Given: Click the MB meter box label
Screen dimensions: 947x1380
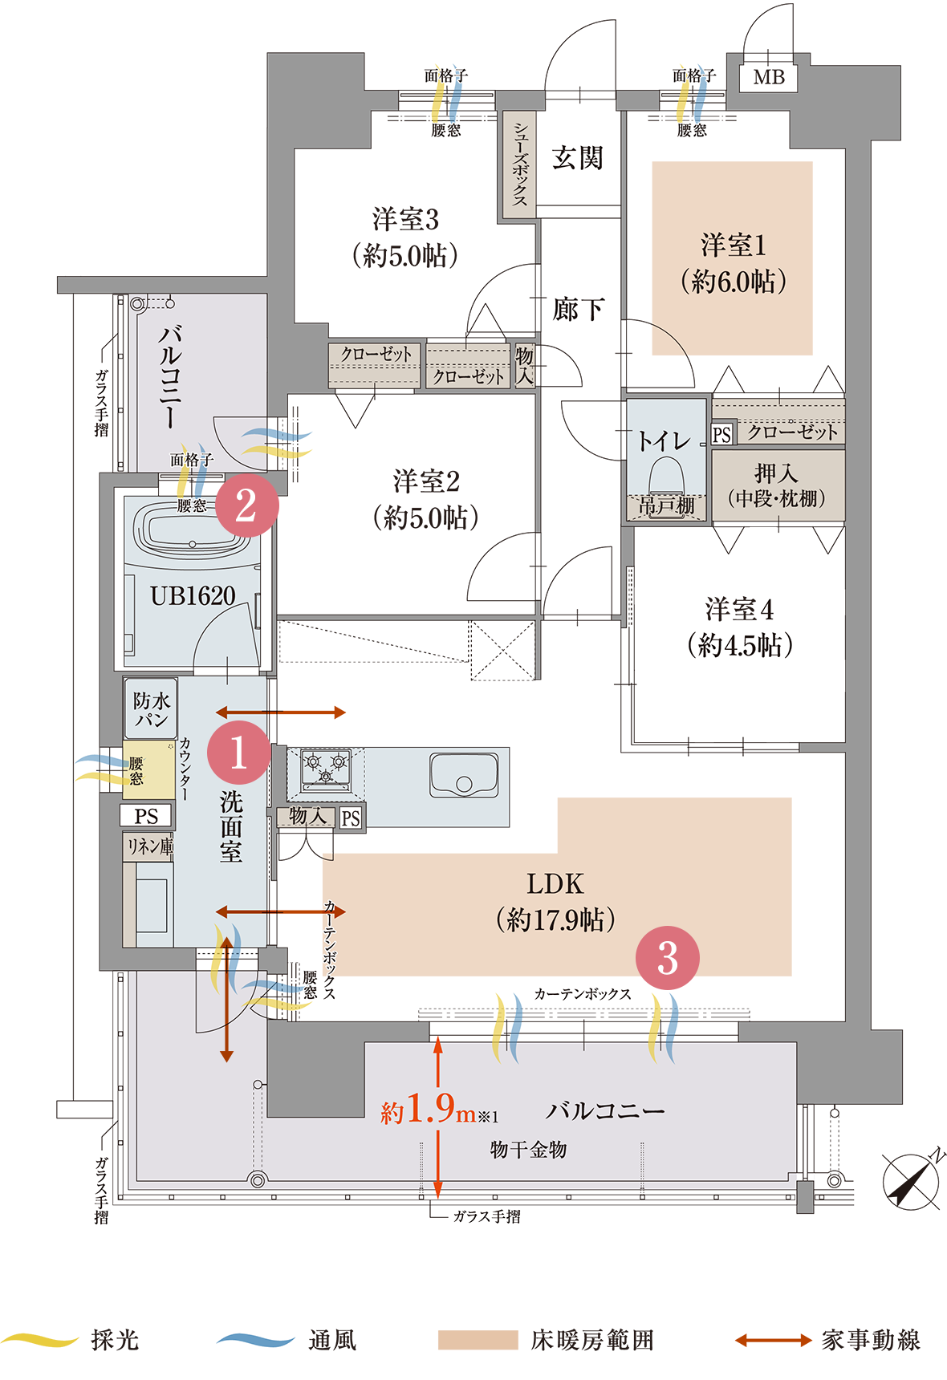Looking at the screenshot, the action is (x=769, y=77).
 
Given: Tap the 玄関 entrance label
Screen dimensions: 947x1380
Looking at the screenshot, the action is (x=577, y=158).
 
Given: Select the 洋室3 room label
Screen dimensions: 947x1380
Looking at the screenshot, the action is (x=405, y=219).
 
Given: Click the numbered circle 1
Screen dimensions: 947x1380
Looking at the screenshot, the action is (x=238, y=753).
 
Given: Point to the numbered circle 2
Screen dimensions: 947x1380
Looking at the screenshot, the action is (x=246, y=505).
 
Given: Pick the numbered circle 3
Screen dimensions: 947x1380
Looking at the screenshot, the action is (x=668, y=958).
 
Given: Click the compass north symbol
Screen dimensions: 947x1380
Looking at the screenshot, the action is (x=912, y=1181).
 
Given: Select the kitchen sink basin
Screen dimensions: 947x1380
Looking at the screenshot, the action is (x=463, y=775).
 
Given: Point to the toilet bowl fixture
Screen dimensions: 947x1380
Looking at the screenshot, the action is (x=665, y=481).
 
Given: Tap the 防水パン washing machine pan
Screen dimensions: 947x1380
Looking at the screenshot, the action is (x=152, y=708).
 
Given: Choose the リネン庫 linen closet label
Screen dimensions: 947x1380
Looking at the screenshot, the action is (x=149, y=846).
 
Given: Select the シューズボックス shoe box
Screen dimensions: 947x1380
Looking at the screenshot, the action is (x=520, y=164).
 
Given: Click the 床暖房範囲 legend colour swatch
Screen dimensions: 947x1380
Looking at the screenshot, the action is (x=478, y=1340).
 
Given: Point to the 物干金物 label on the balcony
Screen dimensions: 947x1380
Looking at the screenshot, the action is (x=528, y=1150).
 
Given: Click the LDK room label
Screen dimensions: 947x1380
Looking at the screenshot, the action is (x=555, y=884).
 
